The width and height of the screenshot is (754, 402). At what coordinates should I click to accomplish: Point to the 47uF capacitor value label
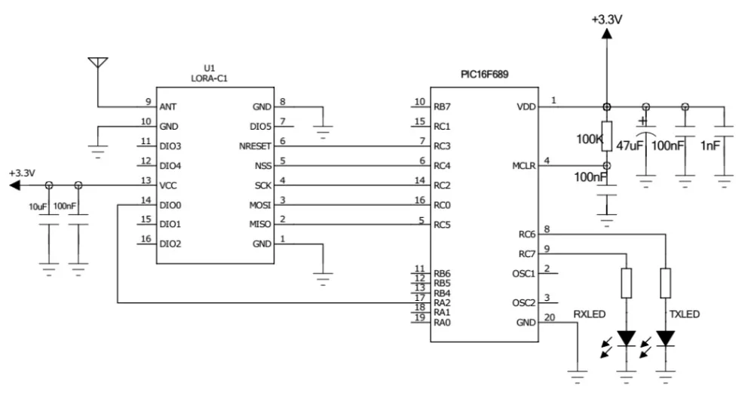point(630,145)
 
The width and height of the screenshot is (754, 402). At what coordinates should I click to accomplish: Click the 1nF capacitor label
point(712,145)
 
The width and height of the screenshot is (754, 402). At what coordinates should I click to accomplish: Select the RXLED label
point(590,312)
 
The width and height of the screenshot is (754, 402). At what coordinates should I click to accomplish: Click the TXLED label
point(685,312)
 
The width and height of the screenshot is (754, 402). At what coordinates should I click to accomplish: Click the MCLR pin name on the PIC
point(523,166)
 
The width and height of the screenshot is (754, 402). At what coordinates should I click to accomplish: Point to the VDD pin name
point(526,107)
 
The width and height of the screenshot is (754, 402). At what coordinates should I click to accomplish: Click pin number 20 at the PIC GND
point(549,317)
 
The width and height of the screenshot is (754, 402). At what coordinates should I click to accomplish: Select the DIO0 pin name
point(170,204)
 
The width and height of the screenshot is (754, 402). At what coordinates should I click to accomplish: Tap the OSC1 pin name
point(523,274)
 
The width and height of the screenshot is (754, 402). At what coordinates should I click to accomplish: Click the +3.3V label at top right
point(606,20)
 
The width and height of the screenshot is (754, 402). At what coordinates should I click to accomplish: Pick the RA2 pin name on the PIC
point(442,303)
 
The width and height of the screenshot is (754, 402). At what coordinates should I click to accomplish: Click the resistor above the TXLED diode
point(664,284)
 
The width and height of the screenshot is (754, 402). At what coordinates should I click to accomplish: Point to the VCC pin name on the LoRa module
point(168,185)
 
